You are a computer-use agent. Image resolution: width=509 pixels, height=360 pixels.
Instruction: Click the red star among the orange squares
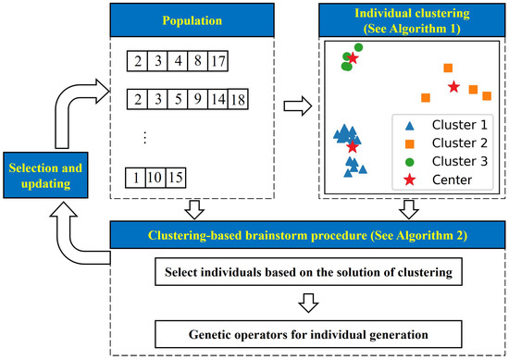pyautogui.click(x=453, y=87)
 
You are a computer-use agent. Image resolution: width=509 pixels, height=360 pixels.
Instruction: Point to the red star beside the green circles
pyautogui.click(x=353, y=58)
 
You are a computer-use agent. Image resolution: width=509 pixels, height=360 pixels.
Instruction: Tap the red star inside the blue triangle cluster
pyautogui.click(x=352, y=146)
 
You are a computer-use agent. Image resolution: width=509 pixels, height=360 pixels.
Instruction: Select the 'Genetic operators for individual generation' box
pyautogui.click(x=304, y=332)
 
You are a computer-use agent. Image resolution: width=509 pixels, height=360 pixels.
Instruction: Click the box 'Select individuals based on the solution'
pyautogui.click(x=304, y=272)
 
